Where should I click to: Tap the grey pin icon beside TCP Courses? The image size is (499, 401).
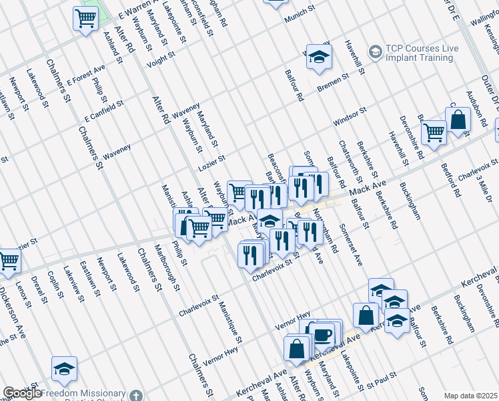[375, 51]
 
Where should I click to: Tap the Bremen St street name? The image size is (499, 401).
[333, 84]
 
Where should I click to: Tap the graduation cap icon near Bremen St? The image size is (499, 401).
[320, 57]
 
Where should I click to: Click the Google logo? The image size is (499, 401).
[22, 394]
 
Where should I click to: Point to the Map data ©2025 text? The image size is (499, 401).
[470, 396]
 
